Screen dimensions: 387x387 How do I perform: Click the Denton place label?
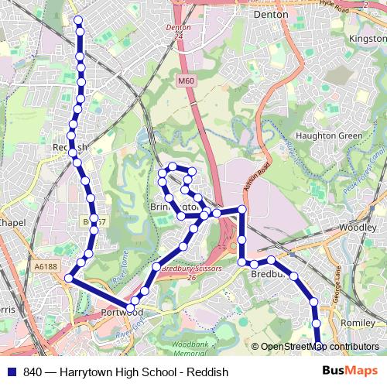271,14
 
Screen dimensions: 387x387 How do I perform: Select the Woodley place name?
358,228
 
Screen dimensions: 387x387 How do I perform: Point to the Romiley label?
358,321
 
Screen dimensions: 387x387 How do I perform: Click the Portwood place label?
122,312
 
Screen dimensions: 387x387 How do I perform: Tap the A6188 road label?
46,265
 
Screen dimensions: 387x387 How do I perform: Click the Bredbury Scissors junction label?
188,268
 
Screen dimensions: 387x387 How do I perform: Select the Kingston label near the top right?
367,37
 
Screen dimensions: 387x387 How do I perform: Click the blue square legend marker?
11,371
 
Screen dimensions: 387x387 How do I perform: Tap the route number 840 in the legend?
33,371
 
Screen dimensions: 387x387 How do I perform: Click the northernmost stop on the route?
78,21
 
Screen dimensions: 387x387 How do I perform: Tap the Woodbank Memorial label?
189,346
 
